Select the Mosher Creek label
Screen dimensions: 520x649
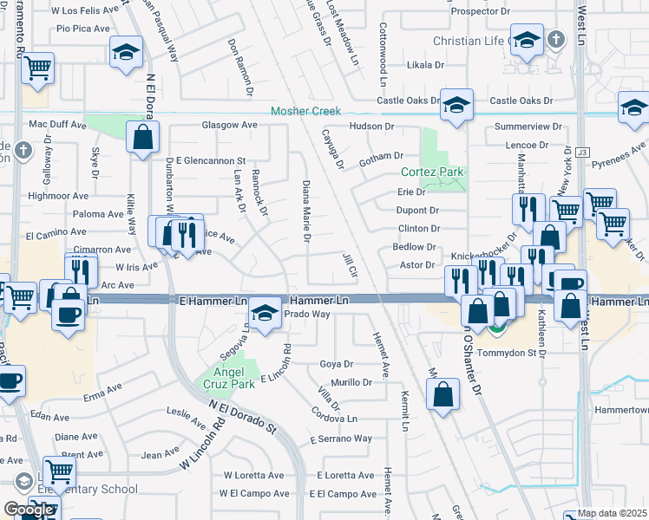[306, 112]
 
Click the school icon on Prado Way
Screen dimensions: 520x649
[265, 313]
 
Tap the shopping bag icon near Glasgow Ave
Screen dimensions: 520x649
[142, 137]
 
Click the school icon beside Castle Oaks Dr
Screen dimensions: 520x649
[456, 105]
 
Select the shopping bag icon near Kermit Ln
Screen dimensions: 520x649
[442, 394]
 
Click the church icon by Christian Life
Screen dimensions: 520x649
[556, 40]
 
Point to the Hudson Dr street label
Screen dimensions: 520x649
[372, 127]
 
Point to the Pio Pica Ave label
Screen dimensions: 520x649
[83, 29]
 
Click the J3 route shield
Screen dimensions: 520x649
[582, 153]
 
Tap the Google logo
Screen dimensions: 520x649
[28, 510]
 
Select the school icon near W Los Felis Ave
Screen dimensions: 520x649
[127, 52]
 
